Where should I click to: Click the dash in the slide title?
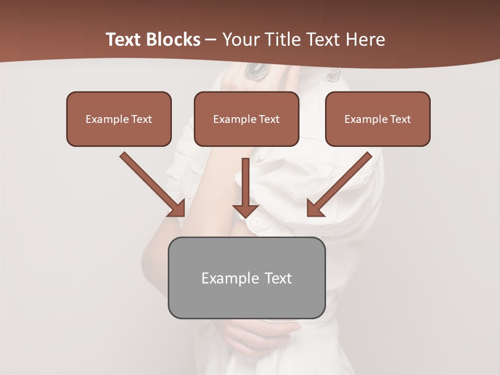click(x=211, y=40)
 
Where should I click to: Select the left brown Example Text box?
click(x=119, y=119)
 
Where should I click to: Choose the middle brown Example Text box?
click(x=246, y=119)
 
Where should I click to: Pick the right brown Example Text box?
click(x=378, y=119)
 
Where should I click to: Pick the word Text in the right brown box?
click(x=401, y=119)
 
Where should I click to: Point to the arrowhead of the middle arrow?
click(x=245, y=210)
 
